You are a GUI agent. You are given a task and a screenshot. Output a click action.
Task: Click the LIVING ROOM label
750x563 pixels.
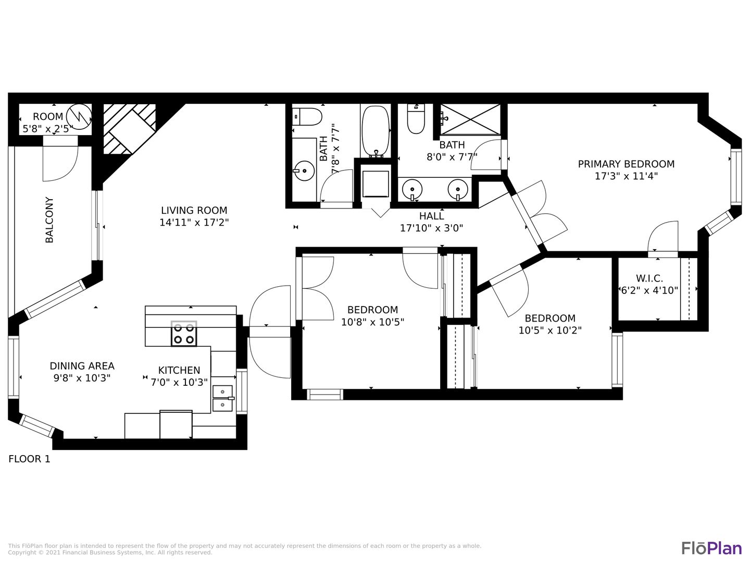click(x=194, y=210)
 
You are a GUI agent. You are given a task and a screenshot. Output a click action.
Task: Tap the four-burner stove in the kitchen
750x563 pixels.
click(x=184, y=334)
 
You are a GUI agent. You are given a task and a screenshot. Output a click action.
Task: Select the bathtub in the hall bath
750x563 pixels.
click(x=375, y=131)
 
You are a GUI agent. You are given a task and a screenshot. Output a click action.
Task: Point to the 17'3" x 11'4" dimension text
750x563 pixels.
click(x=627, y=176)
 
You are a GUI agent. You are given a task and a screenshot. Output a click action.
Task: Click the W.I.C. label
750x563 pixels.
click(x=649, y=278)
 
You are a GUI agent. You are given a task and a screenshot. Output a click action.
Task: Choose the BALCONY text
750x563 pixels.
click(x=49, y=220)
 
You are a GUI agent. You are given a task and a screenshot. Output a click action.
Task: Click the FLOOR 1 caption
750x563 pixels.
click(x=29, y=459)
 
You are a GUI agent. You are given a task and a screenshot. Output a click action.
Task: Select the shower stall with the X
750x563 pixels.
click(x=470, y=119)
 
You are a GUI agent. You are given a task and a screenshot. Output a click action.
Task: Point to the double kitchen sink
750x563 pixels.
click(x=223, y=398)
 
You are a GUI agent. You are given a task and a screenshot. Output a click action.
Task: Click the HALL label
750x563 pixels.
click(x=432, y=216)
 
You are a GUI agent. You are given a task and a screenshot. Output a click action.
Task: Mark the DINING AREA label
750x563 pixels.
click(x=82, y=366)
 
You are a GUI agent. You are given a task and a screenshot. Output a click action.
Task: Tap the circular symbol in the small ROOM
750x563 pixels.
click(x=79, y=117)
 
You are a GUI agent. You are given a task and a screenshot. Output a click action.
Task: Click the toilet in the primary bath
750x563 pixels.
click(x=416, y=119)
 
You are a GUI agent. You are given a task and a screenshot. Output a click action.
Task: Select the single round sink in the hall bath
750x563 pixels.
click(x=304, y=170)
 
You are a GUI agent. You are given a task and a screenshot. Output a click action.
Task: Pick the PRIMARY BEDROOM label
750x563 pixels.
click(x=627, y=164)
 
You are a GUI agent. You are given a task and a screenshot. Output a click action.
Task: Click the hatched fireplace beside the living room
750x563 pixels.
click(x=130, y=129)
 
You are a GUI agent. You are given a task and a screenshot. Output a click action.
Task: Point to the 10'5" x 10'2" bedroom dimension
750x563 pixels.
click(x=550, y=331)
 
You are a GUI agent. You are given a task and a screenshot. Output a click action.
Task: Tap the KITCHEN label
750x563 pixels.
click(x=179, y=370)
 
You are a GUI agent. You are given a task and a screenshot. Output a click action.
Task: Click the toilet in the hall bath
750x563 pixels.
click(x=307, y=117)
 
